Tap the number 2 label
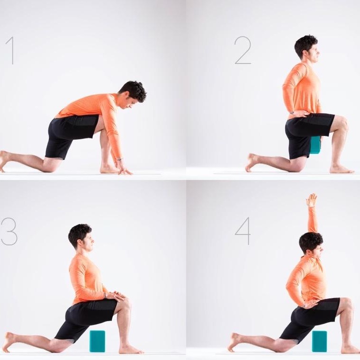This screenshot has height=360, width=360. (243, 50)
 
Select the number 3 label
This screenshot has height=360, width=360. (9, 232)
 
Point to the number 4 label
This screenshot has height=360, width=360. (243, 231)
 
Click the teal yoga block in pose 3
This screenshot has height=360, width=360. (97, 341)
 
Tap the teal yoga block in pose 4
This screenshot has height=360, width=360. (319, 341)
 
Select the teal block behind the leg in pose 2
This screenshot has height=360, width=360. (315, 144)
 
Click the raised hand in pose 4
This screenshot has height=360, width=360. (312, 200)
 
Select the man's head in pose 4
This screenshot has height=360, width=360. (311, 243)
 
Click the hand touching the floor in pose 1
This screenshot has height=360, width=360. (124, 167)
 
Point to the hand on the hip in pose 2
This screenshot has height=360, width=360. (300, 113)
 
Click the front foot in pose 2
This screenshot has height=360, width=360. (342, 169)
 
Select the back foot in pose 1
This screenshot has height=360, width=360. (5, 161)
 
